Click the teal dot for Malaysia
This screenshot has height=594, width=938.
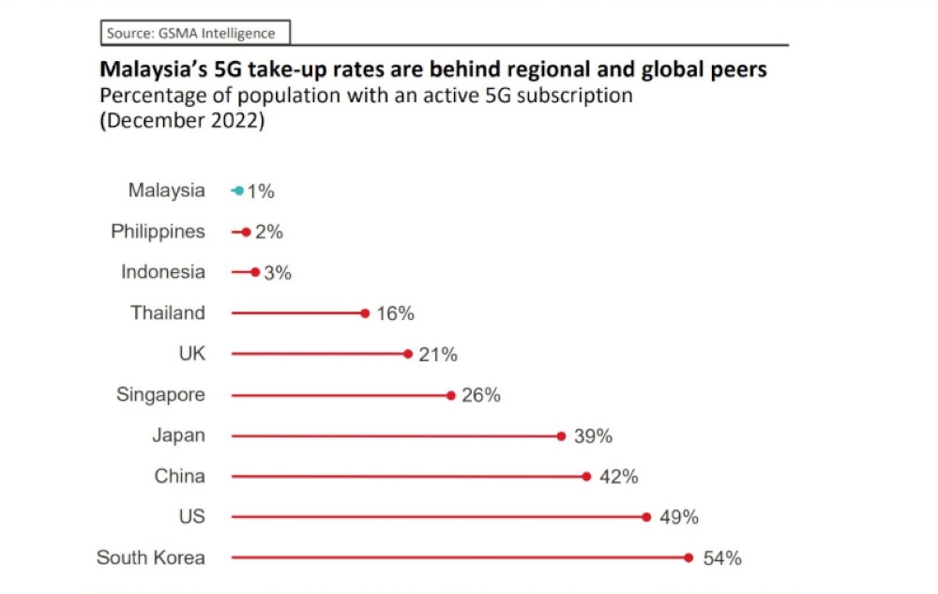click(x=238, y=190)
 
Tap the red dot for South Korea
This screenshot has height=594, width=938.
click(x=688, y=557)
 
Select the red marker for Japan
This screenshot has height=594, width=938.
click(x=561, y=435)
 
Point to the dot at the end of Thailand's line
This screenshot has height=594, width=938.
click(x=365, y=313)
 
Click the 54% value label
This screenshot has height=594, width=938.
click(x=722, y=558)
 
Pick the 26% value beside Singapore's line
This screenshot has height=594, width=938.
click(x=481, y=395)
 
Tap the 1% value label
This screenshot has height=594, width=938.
click(x=261, y=191)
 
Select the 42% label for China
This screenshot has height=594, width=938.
click(x=618, y=477)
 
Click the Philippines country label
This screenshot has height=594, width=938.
click(x=158, y=231)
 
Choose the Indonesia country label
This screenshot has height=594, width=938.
click(x=162, y=272)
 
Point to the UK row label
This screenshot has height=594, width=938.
click(x=191, y=354)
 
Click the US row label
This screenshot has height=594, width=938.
click(x=191, y=516)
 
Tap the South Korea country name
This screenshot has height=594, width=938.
click(x=150, y=557)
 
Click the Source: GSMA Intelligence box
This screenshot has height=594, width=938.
click(x=194, y=34)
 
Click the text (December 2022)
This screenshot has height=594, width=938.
click(x=182, y=122)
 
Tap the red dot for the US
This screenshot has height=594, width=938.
click(x=646, y=517)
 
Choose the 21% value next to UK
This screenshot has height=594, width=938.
click(x=438, y=355)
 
